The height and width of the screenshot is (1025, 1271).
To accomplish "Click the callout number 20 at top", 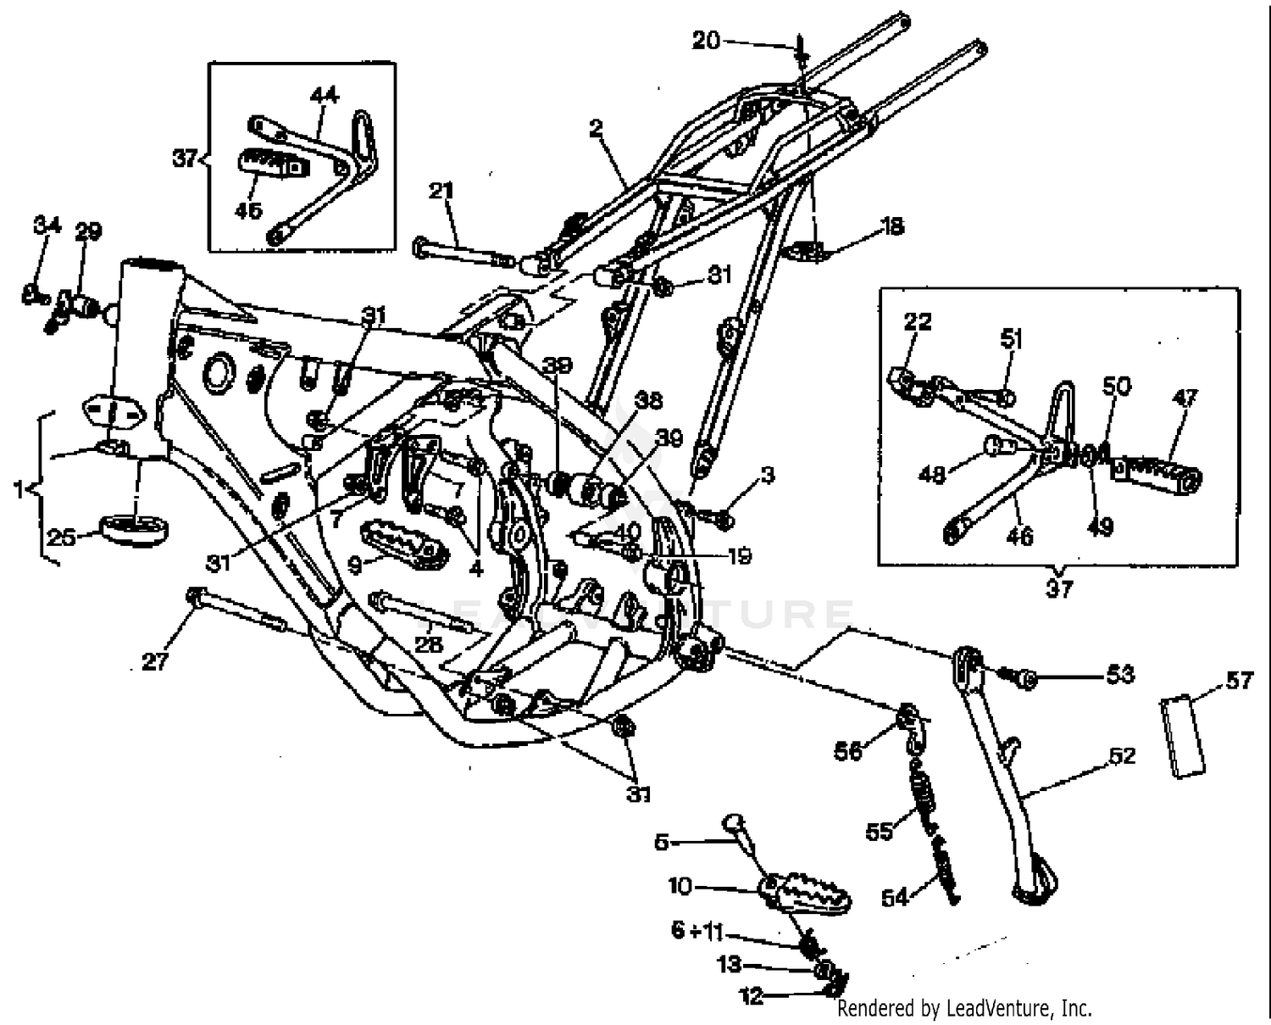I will [x=706, y=40].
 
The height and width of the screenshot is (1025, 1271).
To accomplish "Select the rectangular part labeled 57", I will [x=1184, y=734].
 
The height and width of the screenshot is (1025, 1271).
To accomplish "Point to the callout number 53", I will [x=1119, y=674].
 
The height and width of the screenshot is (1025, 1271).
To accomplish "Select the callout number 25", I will [x=61, y=537].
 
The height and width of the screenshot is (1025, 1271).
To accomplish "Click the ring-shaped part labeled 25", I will [x=134, y=529].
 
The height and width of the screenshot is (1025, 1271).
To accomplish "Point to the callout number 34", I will [x=47, y=226].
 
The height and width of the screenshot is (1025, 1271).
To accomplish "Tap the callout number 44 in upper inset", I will [x=324, y=95].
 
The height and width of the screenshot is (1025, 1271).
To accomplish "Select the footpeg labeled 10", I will [x=805, y=893].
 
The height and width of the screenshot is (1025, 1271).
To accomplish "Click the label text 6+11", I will [x=697, y=931].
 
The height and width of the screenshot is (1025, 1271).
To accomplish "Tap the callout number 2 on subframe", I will [x=596, y=128].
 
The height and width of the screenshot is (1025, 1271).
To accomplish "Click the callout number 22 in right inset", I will [x=917, y=321].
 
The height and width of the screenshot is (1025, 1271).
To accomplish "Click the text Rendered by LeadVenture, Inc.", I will [x=963, y=1008].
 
